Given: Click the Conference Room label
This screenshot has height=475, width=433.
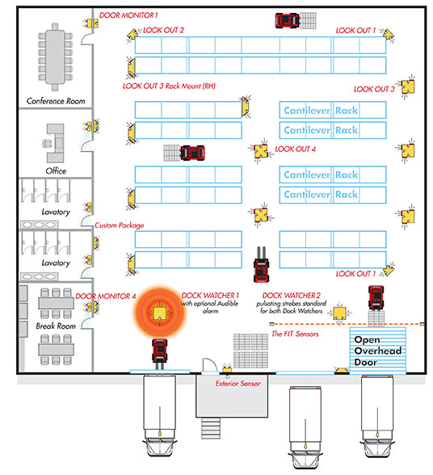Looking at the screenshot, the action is tap(56, 101).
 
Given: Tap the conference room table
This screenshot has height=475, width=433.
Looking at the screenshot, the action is tap(55, 57).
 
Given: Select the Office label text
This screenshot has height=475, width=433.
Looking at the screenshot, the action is tap(56, 171).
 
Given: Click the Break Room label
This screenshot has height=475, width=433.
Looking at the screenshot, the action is tap(56, 326).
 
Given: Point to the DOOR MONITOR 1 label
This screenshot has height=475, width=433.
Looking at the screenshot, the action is tap(128, 15).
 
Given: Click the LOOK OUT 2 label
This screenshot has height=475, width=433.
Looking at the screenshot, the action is tap(163, 31).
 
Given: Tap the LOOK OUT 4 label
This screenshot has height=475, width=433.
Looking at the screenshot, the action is tap(295, 149).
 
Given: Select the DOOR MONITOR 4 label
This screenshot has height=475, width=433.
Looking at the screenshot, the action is tap(106, 296).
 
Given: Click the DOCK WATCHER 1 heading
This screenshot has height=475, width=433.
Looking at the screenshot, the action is tap(210, 296).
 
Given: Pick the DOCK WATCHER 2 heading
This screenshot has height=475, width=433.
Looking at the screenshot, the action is tap(291, 296).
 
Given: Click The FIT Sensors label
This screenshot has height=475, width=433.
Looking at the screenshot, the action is tap(295, 334).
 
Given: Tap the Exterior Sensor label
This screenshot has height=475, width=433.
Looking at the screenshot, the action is tap(238, 384).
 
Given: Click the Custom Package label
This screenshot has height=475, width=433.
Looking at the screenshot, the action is tap(119, 225).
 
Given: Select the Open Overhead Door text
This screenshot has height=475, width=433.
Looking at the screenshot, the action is tap(377, 351).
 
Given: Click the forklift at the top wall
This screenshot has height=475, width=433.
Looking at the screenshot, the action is tap(288, 21).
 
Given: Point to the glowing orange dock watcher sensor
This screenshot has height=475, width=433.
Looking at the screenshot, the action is tap(160, 313).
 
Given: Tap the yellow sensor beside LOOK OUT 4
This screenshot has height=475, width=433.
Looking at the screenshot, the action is tap(261, 151).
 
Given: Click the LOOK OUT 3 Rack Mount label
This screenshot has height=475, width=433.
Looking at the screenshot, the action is tap(169, 86).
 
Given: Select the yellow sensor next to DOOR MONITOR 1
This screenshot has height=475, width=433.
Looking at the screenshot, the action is tap(91, 23).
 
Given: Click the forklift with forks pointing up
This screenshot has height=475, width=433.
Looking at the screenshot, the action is tap(261, 265).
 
